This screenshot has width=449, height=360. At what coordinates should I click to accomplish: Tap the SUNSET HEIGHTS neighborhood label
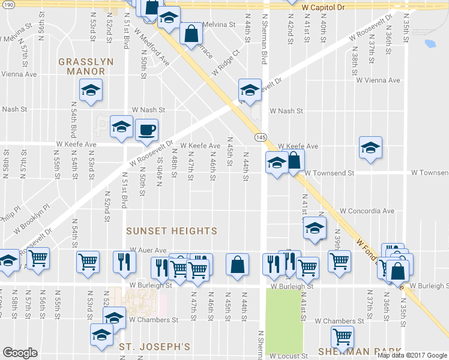172,230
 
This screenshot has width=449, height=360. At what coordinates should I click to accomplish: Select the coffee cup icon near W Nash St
146,130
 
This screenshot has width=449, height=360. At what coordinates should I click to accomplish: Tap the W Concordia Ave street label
366,211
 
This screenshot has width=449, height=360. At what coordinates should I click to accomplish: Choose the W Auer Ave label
148,250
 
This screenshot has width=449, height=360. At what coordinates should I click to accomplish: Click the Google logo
20,353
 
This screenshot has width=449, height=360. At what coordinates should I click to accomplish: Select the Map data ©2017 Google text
412,355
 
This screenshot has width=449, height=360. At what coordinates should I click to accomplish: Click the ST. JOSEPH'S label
154,347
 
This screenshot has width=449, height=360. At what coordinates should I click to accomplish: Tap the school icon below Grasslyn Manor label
91,91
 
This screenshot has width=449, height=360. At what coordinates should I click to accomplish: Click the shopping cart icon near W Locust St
342,337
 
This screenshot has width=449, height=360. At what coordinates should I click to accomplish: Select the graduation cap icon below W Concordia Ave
314,227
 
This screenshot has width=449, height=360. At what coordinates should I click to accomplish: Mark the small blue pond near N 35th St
430,43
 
